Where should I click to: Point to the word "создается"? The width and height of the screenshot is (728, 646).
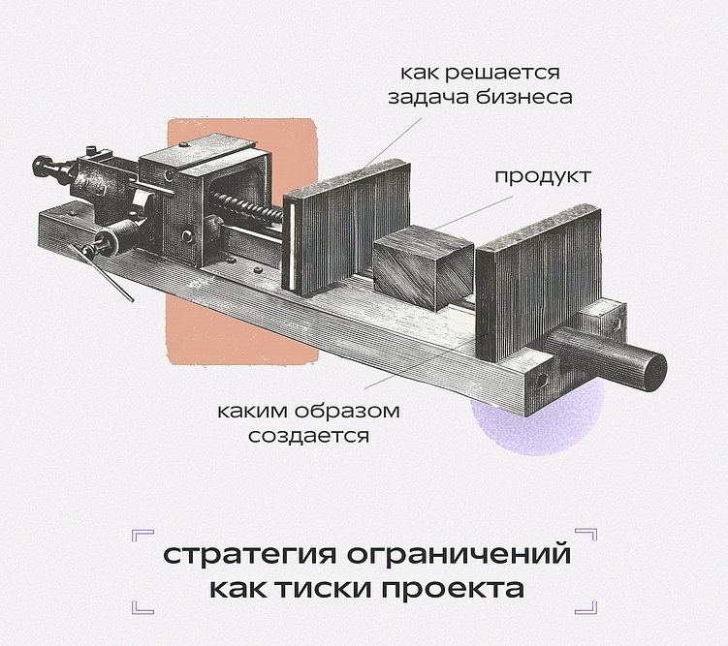[x=308, y=435]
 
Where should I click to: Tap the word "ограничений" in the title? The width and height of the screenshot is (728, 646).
[x=454, y=558]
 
